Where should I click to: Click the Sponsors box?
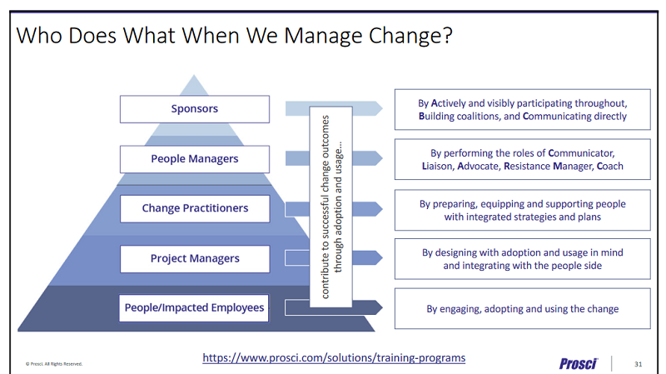[194, 109]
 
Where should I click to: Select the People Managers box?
[194, 159]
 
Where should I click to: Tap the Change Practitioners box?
[194, 208]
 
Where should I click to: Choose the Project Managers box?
[194, 258]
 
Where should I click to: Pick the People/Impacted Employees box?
[194, 308]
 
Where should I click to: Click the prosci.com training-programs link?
[334, 357]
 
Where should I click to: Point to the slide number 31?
[639, 363]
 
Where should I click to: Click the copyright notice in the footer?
[54, 364]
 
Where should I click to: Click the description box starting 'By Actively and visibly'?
[522, 109]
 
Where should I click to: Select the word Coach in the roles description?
[608, 166]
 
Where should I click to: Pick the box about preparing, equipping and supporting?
[522, 210]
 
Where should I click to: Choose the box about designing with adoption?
[522, 258]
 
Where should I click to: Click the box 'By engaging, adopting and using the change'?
[522, 308]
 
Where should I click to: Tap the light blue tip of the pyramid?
[194, 85]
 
